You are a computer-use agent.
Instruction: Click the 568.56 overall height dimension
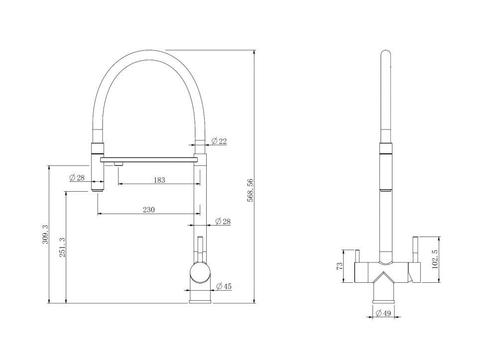(x=250, y=190)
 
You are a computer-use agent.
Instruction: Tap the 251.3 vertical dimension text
(x=62, y=247)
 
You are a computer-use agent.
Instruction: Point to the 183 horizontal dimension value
(x=159, y=180)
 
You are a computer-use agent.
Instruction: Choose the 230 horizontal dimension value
(x=148, y=210)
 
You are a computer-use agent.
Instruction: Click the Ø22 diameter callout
(x=219, y=141)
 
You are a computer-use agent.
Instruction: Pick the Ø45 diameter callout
(x=224, y=286)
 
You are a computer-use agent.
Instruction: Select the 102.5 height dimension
(x=435, y=259)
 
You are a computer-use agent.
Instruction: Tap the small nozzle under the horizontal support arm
(x=119, y=164)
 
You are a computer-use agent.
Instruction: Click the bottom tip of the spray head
(x=98, y=190)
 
